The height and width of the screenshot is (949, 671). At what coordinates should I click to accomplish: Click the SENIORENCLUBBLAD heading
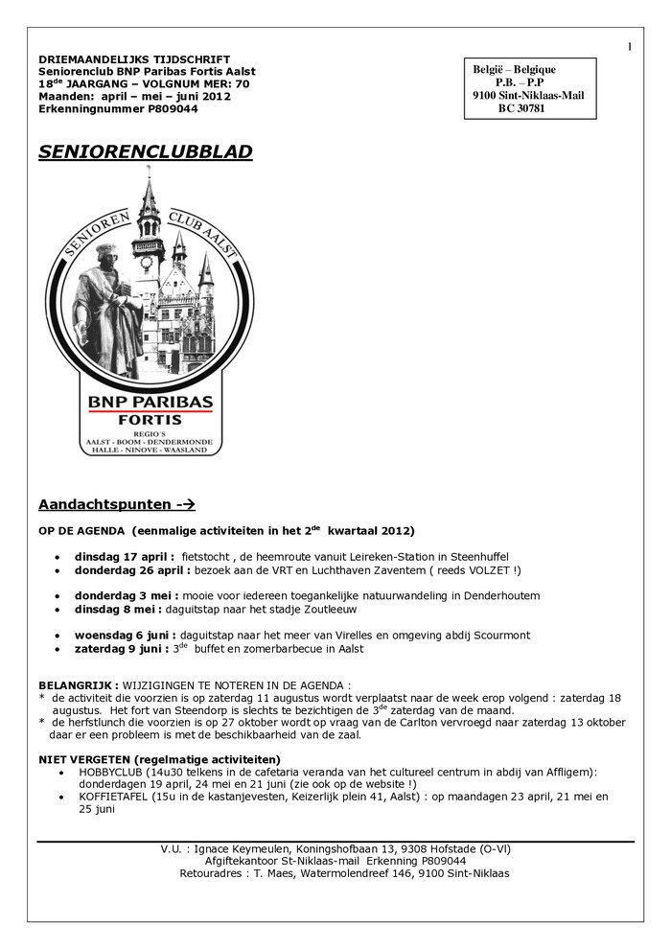[146, 151]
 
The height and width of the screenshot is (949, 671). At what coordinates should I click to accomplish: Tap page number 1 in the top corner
[630, 47]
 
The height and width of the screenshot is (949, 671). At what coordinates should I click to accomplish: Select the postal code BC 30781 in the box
[521, 109]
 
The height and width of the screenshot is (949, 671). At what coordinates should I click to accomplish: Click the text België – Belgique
[515, 69]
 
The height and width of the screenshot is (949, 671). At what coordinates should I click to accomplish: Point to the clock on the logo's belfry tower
[147, 262]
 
